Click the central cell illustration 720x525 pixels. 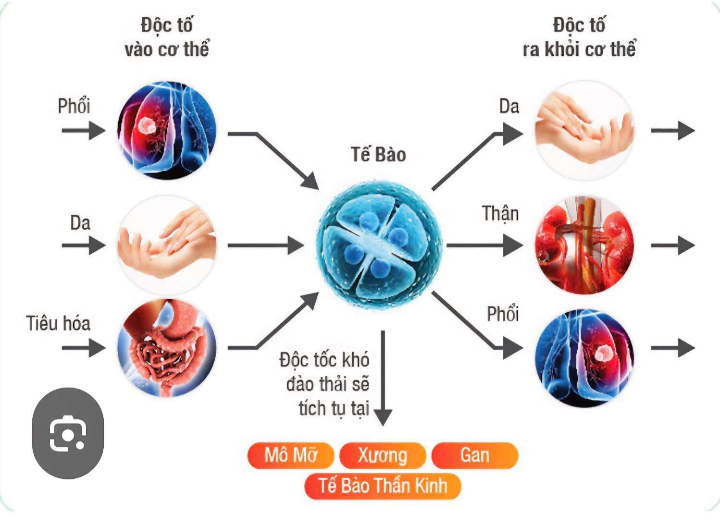tap(379, 245)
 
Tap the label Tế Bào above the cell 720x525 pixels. tap(378, 155)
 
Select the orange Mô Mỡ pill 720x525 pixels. tap(291, 455)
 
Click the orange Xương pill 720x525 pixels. tap(383, 455)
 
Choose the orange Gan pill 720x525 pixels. tap(475, 455)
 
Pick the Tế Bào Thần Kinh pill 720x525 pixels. tap(383, 486)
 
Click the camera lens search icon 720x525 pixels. tap(68, 433)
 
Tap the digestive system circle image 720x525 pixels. tap(166, 348)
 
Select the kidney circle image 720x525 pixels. tap(584, 245)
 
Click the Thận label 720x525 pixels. tap(500, 214)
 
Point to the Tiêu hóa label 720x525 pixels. tap(58, 323)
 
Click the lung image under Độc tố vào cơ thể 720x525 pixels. tap(167, 130)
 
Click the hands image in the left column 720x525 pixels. tap(166, 245)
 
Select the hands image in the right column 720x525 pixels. tap(584, 130)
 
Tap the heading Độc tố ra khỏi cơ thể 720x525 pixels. tap(579, 37)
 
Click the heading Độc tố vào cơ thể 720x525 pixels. tap(167, 37)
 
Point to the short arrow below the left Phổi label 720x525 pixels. tap(83, 130)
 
